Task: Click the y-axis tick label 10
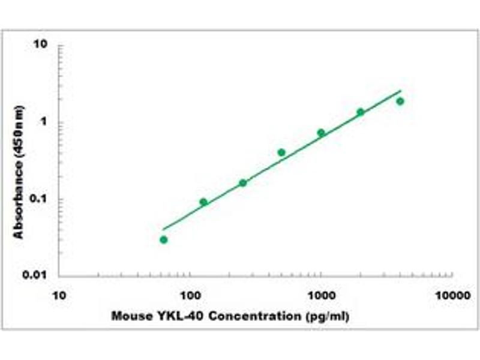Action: (x=41, y=45)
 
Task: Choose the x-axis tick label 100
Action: (x=190, y=296)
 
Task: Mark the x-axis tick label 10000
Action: (x=452, y=296)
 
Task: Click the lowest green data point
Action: (x=164, y=240)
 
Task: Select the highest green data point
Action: (x=400, y=101)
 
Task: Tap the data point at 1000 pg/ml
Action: (x=321, y=133)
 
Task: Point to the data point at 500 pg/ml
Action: (x=281, y=152)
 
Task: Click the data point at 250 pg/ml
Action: (x=243, y=183)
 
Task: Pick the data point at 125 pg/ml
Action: (x=203, y=202)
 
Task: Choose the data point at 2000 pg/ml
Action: (x=361, y=112)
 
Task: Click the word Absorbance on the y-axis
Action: (x=19, y=200)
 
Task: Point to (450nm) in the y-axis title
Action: (x=19, y=133)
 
